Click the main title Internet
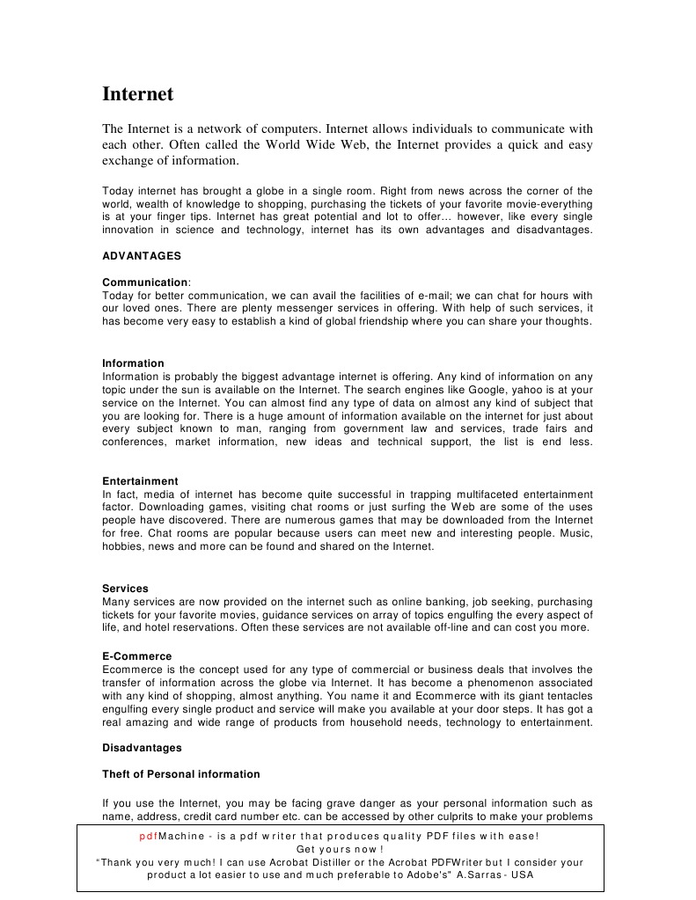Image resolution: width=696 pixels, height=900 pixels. [138, 94]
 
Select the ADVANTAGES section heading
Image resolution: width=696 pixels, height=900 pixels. [142, 256]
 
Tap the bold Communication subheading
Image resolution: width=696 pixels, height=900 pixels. [145, 282]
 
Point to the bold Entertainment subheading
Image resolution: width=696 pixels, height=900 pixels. [140, 481]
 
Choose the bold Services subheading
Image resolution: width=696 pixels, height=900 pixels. [125, 589]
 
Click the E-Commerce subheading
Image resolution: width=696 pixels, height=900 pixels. [136, 656]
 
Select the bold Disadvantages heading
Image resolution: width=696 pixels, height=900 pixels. [142, 748]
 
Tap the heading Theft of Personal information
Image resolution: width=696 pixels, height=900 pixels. [181, 774]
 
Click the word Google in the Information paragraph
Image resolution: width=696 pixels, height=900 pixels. [497, 389]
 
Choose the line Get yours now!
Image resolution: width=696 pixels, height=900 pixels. [340, 849]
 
